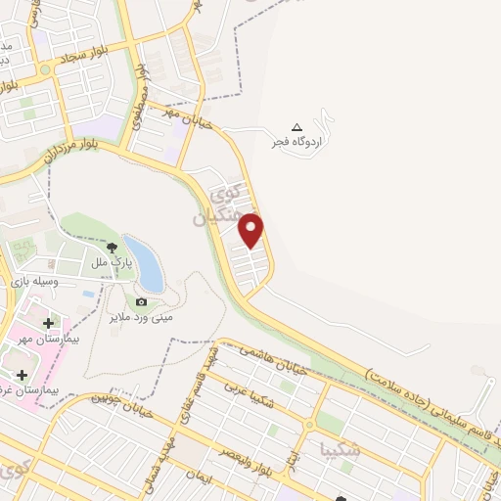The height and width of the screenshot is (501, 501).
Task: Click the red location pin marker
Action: coord(251,230)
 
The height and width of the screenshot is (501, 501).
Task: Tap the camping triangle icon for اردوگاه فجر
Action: coord(297,127)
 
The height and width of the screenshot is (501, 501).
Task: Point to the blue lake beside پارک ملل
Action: coord(143,259)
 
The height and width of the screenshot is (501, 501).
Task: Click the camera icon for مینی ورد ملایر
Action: coord(141,302)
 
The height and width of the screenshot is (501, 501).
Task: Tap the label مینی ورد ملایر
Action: coord(141,317)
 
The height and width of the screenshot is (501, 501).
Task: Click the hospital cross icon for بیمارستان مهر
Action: coord(48,323)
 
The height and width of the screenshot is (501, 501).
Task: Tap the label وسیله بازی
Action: coord(35,281)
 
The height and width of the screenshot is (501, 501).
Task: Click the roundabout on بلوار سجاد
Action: coord(44,69)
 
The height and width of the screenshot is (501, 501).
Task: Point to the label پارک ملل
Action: coord(112,264)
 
